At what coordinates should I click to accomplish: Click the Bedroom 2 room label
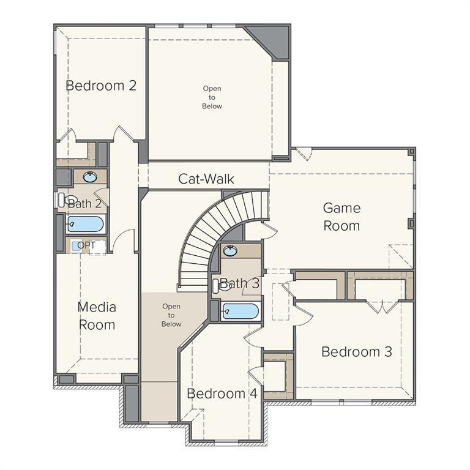(101, 86)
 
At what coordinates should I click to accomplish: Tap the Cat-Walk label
(206, 179)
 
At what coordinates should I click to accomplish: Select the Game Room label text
(341, 217)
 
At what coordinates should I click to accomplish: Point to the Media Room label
(97, 315)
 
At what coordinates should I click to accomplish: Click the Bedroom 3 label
(356, 352)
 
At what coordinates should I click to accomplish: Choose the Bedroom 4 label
(222, 394)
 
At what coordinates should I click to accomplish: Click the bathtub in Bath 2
(85, 224)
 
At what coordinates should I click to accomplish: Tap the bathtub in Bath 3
(240, 311)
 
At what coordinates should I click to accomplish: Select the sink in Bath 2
(90, 177)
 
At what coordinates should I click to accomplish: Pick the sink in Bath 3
(231, 250)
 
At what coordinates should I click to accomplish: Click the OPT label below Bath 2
(86, 245)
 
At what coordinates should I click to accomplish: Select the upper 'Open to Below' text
(212, 97)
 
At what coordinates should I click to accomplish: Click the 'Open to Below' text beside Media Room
(171, 315)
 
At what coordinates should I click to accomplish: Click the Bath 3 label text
(240, 283)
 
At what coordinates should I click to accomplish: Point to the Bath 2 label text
(84, 203)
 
